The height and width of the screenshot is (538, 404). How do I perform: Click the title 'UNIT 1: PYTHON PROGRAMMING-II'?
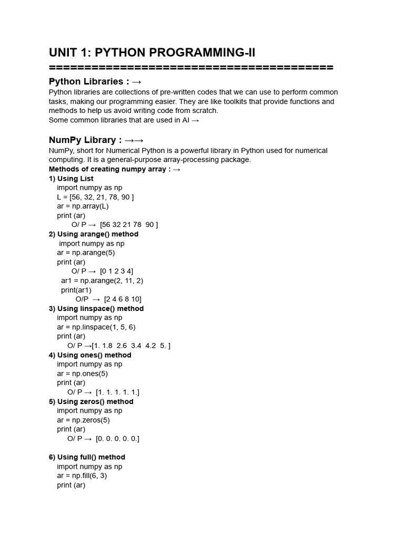coord(152,53)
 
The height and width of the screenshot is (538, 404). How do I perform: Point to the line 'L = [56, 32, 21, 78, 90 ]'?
coord(95,197)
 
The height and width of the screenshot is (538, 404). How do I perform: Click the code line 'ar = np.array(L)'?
coord(83,206)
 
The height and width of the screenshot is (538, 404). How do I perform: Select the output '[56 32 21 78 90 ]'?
coord(129,225)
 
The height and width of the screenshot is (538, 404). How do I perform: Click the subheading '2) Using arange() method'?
coord(94,234)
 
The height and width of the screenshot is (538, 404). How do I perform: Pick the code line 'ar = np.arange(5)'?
coord(86,253)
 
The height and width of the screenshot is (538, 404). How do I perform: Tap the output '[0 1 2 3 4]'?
coord(116,272)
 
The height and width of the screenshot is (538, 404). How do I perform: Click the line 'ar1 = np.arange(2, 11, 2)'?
coord(102,281)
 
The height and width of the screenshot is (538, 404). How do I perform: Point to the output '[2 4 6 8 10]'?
coord(123,299)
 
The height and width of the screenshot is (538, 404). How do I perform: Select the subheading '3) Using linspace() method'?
coord(96,309)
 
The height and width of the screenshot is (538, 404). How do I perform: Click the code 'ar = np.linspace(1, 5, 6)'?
coord(96,327)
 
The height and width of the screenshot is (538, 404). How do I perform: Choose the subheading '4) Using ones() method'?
coord(90,355)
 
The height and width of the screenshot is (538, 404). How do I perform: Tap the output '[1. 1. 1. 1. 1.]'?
coord(117,392)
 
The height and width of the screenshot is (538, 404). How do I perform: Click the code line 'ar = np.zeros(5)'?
coord(83,420)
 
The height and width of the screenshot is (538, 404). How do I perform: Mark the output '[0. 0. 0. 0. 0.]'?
coord(117,439)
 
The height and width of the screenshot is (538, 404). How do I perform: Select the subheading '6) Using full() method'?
coord(87,458)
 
